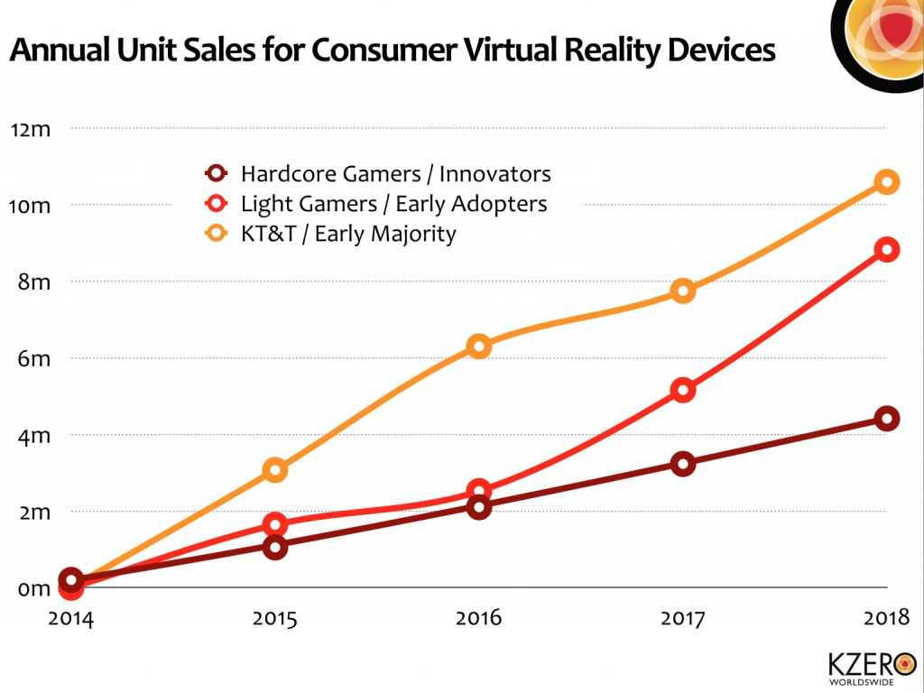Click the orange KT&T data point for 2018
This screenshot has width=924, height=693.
[887, 182]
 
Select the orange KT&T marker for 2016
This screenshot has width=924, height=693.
[479, 346]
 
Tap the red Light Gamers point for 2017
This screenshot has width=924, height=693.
[683, 391]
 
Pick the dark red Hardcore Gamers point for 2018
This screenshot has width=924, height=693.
[887, 419]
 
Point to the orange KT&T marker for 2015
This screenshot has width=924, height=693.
[275, 469]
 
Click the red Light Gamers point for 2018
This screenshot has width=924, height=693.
[887, 250]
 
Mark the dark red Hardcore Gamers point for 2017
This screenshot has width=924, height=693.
[683, 464]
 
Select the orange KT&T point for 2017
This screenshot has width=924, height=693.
[683, 291]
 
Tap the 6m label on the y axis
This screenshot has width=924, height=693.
[34, 359]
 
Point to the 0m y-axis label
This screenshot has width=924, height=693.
[34, 589]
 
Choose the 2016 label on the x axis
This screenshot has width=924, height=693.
[479, 619]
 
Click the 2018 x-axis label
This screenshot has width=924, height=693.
[884, 619]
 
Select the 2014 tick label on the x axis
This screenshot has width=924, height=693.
[71, 619]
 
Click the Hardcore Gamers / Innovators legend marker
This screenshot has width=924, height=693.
[217, 173]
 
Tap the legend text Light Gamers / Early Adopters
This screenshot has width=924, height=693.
[393, 204]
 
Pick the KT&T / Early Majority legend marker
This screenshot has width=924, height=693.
[217, 235]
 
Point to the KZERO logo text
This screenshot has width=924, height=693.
[860, 663]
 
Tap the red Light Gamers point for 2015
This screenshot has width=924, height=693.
[275, 524]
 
